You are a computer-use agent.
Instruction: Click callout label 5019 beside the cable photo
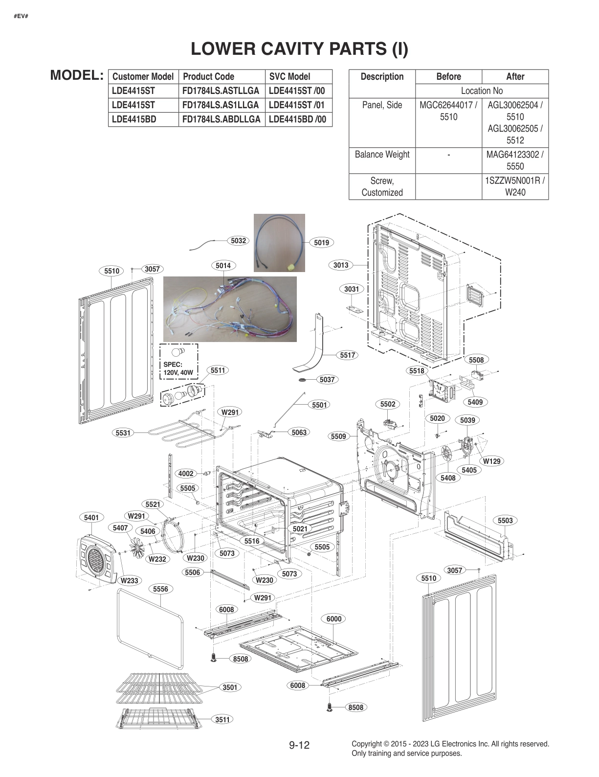pyautogui.click(x=321, y=242)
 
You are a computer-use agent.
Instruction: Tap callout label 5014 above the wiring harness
pyautogui.click(x=223, y=266)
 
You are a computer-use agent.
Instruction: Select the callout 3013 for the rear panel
pyautogui.click(x=341, y=265)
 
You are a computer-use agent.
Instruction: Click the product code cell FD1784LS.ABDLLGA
pyautogui.click(x=221, y=119)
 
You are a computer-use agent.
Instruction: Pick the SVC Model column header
pyautogui.click(x=289, y=76)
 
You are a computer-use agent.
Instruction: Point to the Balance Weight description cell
pyautogui.click(x=382, y=155)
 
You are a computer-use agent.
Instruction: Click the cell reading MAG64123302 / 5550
pyautogui.click(x=515, y=160)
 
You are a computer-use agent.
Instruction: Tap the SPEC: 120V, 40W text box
pyautogui.click(x=178, y=368)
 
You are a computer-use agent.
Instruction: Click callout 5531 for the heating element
pyautogui.click(x=123, y=433)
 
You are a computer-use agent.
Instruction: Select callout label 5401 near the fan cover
pyautogui.click(x=91, y=518)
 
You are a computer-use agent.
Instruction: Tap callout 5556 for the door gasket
pyautogui.click(x=160, y=589)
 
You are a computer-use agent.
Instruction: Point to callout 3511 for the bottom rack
pyautogui.click(x=222, y=719)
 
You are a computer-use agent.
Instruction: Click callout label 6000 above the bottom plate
pyautogui.click(x=334, y=619)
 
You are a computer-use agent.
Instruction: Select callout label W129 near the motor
pyautogui.click(x=491, y=461)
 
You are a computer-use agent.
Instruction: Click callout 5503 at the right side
pyautogui.click(x=505, y=521)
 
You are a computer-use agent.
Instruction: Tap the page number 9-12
pyautogui.click(x=299, y=745)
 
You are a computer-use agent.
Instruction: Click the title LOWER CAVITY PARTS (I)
pyautogui.click(x=299, y=48)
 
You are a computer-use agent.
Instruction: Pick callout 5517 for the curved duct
pyautogui.click(x=347, y=355)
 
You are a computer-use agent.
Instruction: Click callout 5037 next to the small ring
pyautogui.click(x=327, y=379)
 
